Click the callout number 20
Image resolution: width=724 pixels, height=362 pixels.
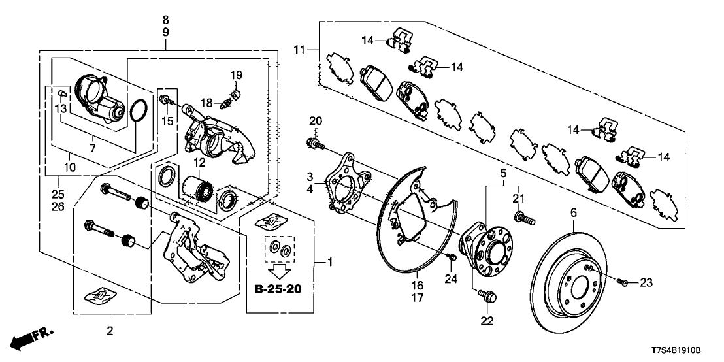coord(316,121)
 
